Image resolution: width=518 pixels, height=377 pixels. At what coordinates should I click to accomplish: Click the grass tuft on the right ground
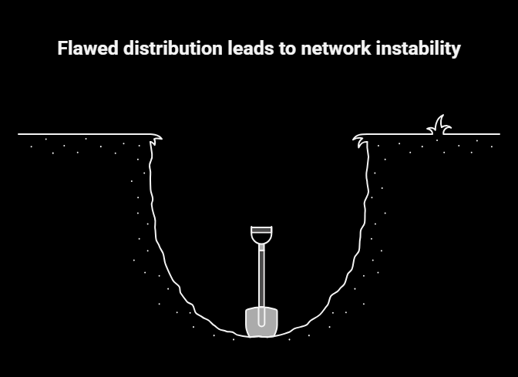(x=439, y=126)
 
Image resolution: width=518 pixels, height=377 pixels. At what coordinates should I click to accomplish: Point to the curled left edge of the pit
(x=156, y=140)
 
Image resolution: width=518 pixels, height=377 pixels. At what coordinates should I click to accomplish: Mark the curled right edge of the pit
(x=361, y=139)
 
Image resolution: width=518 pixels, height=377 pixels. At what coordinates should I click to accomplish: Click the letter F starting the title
(x=62, y=49)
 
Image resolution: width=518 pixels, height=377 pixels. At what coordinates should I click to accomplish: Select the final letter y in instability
(x=456, y=51)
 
